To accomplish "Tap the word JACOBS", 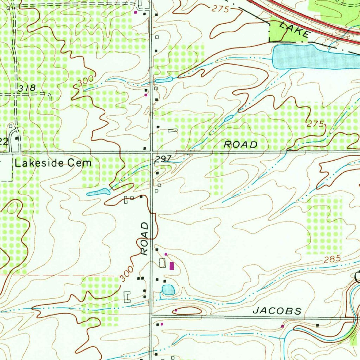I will (x=277, y=311).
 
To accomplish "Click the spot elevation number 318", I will (x=27, y=88).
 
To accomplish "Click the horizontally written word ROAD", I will (x=241, y=144).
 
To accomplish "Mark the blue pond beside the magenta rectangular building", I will (x=168, y=290).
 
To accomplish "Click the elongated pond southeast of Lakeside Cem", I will (x=98, y=192).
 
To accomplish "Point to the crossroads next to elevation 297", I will (x=152, y=152).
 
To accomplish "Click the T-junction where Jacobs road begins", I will (x=152, y=316).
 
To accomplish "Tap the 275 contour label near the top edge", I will (x=220, y=9).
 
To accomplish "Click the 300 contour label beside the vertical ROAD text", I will (x=127, y=274).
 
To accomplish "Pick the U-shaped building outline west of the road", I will (x=127, y=297).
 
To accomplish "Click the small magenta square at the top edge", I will (x=136, y=12).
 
